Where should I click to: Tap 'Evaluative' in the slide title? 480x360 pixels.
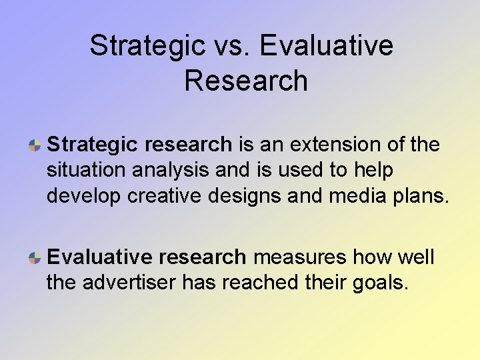coord(327,45)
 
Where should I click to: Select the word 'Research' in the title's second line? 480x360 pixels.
coord(246,81)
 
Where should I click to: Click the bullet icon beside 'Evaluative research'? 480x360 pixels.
coord(37,258)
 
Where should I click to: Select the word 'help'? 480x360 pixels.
coord(373,171)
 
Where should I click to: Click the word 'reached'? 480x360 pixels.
coord(259,283)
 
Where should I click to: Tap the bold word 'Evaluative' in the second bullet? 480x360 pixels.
coord(98,257)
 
